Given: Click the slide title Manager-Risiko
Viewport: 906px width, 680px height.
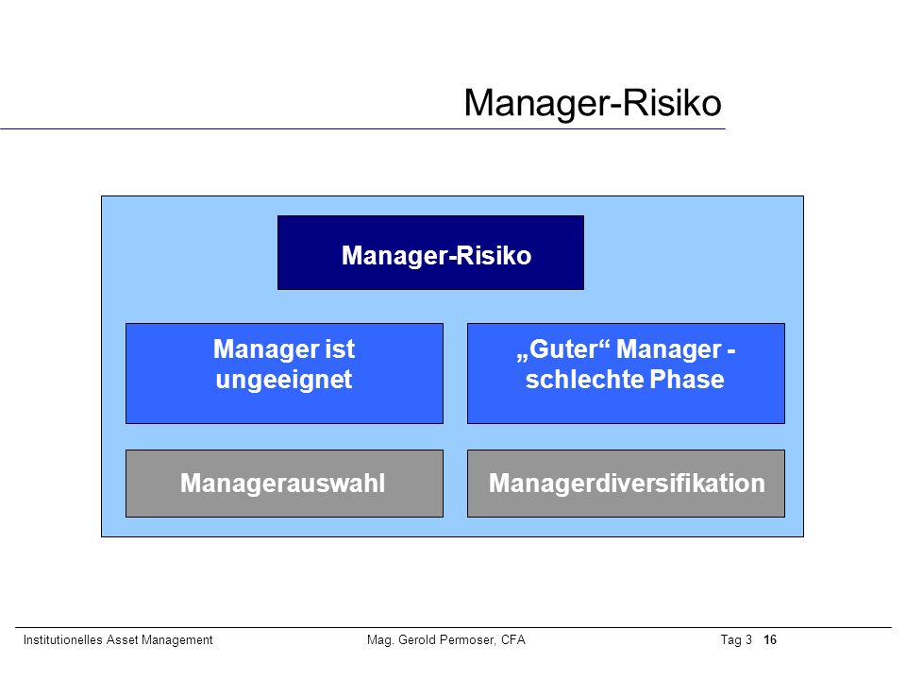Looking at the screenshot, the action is (593, 104).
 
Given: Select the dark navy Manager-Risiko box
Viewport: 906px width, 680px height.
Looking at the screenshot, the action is (430, 253).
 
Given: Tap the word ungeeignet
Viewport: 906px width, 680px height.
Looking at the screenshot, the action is (284, 381).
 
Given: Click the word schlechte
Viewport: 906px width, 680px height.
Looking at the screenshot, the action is (585, 380).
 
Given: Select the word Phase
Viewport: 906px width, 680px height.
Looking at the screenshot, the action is (687, 380).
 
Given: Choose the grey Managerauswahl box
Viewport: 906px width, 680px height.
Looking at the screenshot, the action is (284, 484).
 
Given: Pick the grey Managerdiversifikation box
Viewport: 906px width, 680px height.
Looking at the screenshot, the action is (626, 484).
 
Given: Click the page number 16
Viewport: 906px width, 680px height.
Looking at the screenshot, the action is (770, 639).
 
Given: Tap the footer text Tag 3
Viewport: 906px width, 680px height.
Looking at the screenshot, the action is (736, 639).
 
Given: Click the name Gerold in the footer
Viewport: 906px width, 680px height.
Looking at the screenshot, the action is (416, 639).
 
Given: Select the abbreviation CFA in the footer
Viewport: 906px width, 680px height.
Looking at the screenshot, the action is (513, 639).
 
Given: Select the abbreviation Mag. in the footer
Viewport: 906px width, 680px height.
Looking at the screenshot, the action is (380, 640).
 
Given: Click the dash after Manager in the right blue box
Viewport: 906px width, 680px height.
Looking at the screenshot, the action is (730, 350).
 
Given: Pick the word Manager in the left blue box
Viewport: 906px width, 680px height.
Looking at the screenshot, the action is (266, 349).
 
